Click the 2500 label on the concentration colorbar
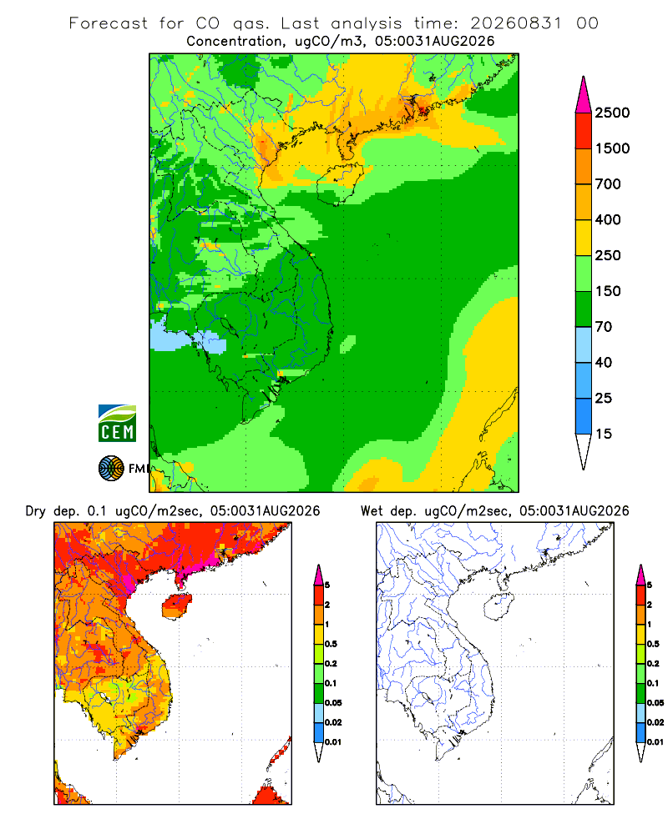point(612,113)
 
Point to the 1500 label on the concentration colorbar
point(612,148)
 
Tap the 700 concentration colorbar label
point(608,184)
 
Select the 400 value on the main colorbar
point(608,219)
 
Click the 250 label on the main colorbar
point(608,255)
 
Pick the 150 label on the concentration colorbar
point(608,291)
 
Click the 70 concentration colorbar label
point(604,327)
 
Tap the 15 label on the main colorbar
point(604,434)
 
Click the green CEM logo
point(117,424)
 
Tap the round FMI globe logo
point(111,469)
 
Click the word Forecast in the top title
point(109,23)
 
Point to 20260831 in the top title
point(516,23)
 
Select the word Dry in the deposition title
point(36,511)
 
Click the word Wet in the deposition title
point(372,510)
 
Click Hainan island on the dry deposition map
point(177,606)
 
